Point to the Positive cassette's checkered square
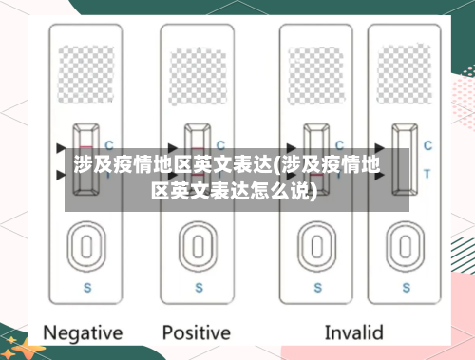[197, 67]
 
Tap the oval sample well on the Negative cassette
[85, 248]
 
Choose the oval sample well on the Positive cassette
[197, 248]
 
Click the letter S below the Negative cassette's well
[86, 286]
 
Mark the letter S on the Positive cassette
[198, 286]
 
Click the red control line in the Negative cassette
[85, 146]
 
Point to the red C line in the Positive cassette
[197, 146]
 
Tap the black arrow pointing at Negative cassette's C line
[62, 147]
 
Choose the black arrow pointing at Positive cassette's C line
[173, 147]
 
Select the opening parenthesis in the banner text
[275, 167]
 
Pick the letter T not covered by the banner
[427, 174]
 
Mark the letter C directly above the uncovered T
[427, 145]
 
